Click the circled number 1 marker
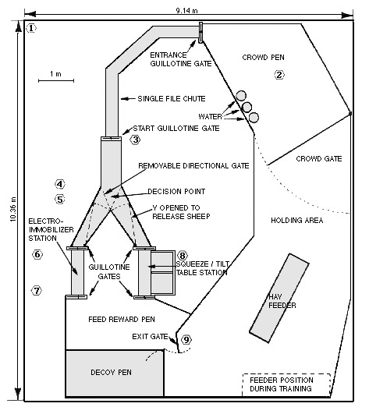point(31,28)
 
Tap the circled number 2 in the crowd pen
point(279,75)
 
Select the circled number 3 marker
point(136,140)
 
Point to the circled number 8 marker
point(183,256)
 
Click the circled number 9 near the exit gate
point(186,340)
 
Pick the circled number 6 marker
point(37,254)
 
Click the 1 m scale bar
point(56,80)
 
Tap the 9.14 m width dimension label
point(186,11)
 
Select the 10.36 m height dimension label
point(13,210)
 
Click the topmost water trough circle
point(241,96)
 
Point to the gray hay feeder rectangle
point(279,298)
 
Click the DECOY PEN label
point(111,373)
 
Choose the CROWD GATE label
point(319,159)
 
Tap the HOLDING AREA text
point(297,221)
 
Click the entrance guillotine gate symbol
point(200,33)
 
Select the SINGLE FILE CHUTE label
point(172,99)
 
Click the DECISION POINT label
point(176,192)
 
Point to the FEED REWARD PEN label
point(122,319)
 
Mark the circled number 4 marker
point(60,184)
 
